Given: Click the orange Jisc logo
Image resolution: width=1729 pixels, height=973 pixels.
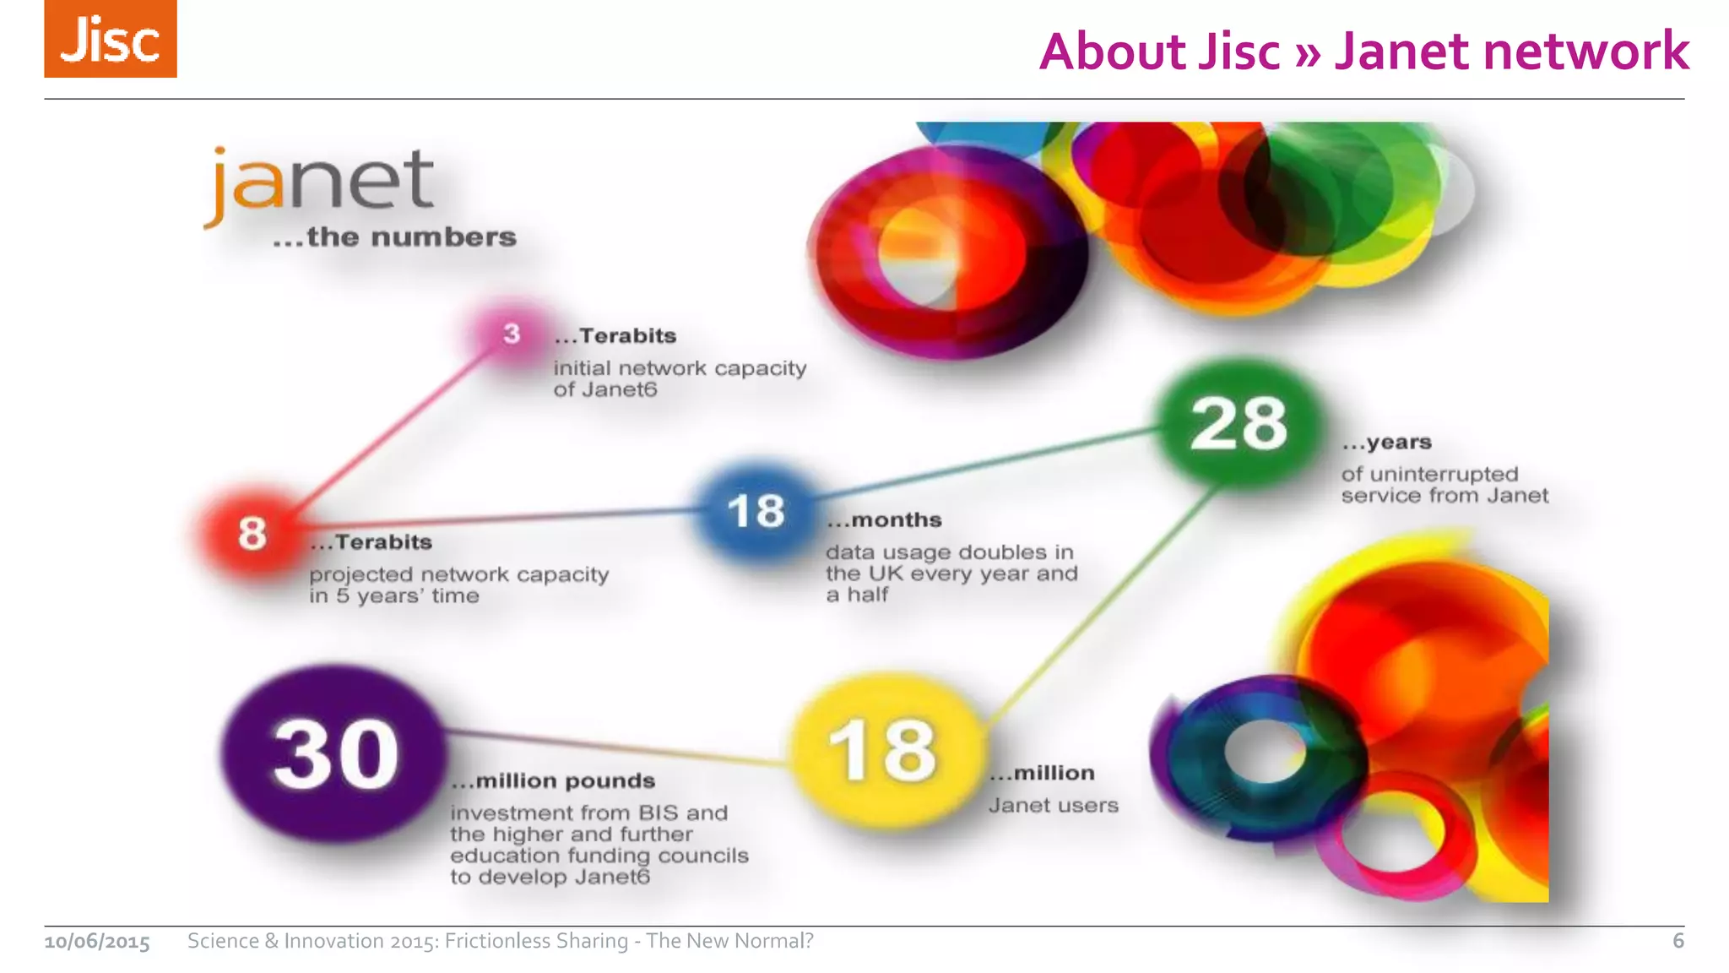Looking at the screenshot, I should click(x=111, y=39).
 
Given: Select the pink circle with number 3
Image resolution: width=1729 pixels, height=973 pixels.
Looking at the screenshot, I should click(x=512, y=334).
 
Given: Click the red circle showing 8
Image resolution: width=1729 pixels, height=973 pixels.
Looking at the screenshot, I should click(x=252, y=534).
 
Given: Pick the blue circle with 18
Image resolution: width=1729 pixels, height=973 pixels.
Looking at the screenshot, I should click(x=756, y=511).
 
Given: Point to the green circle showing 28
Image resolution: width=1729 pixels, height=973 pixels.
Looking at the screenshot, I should click(x=1238, y=423).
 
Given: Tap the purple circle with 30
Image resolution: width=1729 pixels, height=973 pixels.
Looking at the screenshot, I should click(x=335, y=753).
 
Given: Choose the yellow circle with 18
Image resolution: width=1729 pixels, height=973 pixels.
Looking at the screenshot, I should click(x=883, y=750).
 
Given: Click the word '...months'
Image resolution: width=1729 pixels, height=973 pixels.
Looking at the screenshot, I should click(x=884, y=520).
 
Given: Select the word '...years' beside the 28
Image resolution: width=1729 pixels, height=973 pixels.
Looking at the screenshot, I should click(x=1386, y=443).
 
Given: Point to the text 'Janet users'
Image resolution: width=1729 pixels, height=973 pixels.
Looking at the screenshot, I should click(x=1053, y=806).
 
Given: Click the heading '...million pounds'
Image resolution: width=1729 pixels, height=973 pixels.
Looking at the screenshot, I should click(x=553, y=781).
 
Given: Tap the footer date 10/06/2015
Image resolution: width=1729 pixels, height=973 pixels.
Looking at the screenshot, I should click(x=97, y=942).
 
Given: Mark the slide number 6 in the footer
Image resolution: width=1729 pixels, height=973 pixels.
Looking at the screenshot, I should click(x=1678, y=941).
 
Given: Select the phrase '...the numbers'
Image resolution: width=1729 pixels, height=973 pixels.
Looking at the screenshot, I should click(x=394, y=237).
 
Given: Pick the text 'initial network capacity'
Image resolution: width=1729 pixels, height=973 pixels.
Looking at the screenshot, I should click(x=680, y=368).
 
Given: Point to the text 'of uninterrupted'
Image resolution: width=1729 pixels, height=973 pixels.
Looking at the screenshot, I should click(x=1429, y=474).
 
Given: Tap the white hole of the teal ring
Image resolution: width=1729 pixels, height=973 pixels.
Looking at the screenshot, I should click(x=1264, y=751).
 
